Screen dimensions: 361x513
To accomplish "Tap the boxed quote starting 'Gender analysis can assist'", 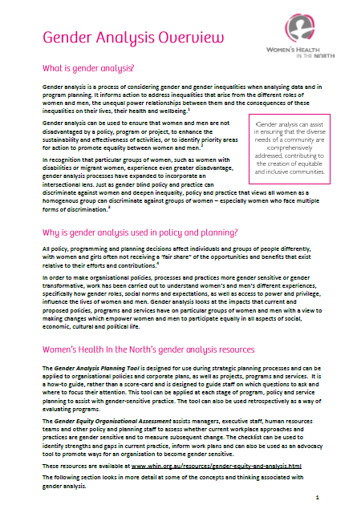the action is click(291, 148).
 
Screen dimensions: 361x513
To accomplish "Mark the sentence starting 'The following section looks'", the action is click(112, 478).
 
